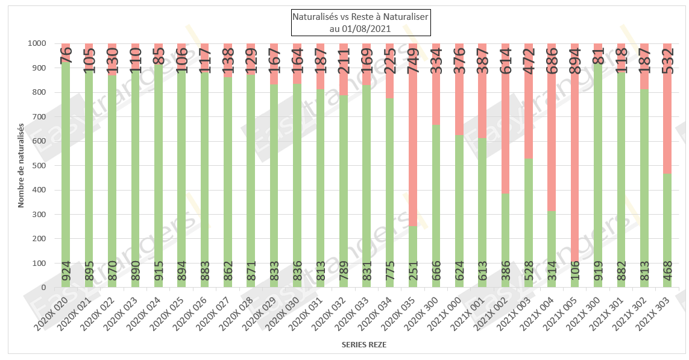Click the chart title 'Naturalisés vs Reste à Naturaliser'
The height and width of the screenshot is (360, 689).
[x=360, y=17]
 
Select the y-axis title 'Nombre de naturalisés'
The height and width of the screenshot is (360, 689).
[x=21, y=165]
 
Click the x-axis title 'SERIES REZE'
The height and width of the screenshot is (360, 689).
[x=363, y=345]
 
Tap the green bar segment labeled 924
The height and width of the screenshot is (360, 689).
[x=66, y=181]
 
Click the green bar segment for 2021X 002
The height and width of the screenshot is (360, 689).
[x=505, y=241]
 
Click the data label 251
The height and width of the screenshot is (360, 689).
[x=414, y=275]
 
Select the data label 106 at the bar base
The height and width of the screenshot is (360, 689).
[x=575, y=276]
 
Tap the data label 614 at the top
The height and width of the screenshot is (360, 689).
[x=505, y=58]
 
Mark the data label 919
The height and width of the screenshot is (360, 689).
[x=598, y=275]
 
